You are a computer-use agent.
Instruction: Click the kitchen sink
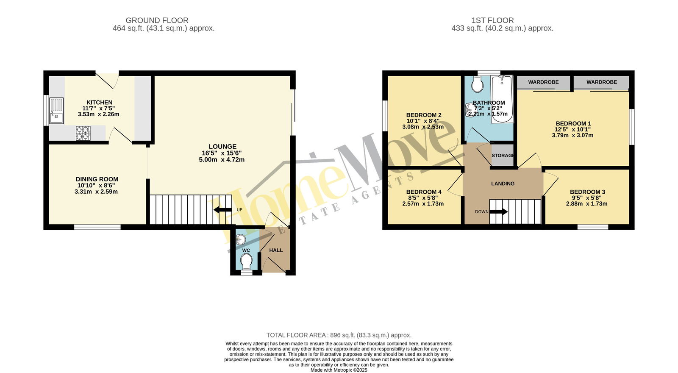[57, 111]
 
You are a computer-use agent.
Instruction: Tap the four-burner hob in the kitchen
[83, 133]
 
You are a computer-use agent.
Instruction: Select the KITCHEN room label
[99, 102]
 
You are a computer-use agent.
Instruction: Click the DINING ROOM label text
[97, 179]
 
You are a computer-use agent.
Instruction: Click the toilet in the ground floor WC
[246, 262]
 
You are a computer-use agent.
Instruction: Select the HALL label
[276, 251]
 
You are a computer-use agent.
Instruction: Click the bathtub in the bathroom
[502, 99]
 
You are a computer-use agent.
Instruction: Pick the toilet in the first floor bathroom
[477, 84]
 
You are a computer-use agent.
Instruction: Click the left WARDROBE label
[544, 82]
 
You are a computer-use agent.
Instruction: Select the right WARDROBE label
[602, 82]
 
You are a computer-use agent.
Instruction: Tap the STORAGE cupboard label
[503, 156]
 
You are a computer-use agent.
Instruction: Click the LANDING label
[503, 184]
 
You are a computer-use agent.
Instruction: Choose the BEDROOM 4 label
[424, 192]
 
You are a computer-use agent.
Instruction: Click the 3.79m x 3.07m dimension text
[572, 135]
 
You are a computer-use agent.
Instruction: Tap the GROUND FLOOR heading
[157, 20]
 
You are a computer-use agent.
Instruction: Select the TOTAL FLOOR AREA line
[339, 335]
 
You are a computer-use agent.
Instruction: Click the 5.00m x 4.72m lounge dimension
[222, 159]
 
